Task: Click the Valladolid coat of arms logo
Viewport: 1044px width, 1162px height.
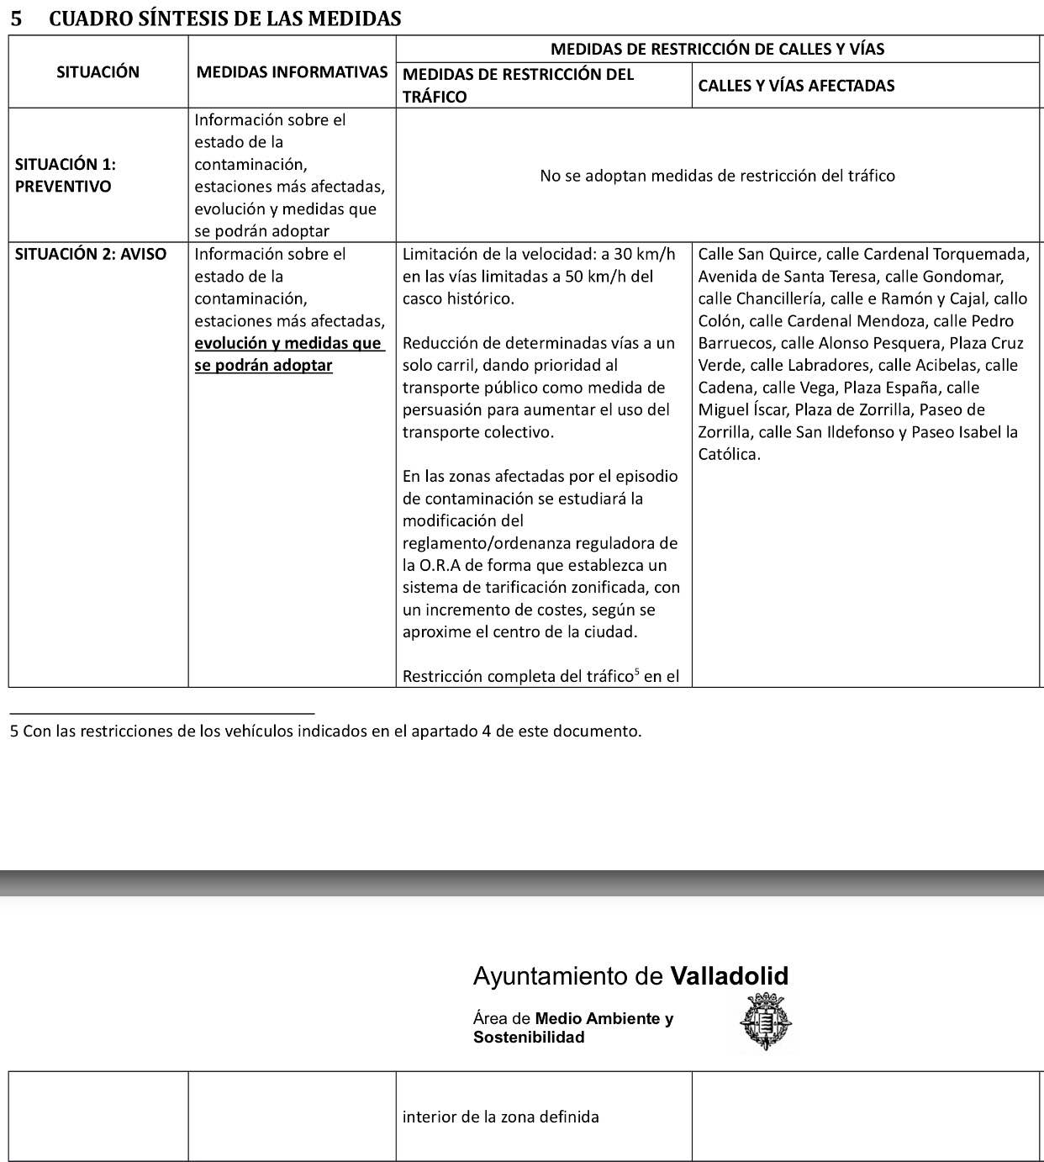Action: (x=765, y=1022)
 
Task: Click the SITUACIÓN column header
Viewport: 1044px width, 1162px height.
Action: (x=98, y=72)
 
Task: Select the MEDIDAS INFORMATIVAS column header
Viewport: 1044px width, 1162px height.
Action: (x=292, y=72)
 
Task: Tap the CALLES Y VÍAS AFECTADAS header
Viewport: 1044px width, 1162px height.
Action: (x=796, y=86)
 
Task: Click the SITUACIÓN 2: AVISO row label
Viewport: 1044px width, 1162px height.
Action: (x=91, y=254)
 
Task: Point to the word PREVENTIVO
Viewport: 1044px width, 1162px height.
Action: (x=63, y=187)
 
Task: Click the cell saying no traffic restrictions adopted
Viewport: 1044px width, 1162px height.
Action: (x=717, y=176)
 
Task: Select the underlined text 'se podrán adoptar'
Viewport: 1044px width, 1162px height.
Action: (x=263, y=366)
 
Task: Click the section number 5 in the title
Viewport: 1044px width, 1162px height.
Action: (x=16, y=18)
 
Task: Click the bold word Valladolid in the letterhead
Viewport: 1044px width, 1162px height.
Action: (x=729, y=976)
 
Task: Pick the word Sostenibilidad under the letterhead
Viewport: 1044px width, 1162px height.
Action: (x=528, y=1038)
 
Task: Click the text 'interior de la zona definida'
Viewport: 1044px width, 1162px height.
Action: (x=500, y=1117)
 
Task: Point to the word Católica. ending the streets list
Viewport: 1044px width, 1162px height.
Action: (x=729, y=455)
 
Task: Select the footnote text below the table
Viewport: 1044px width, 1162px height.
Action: (x=325, y=732)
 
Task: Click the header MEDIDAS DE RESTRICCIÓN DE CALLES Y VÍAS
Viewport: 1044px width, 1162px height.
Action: (x=717, y=50)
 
